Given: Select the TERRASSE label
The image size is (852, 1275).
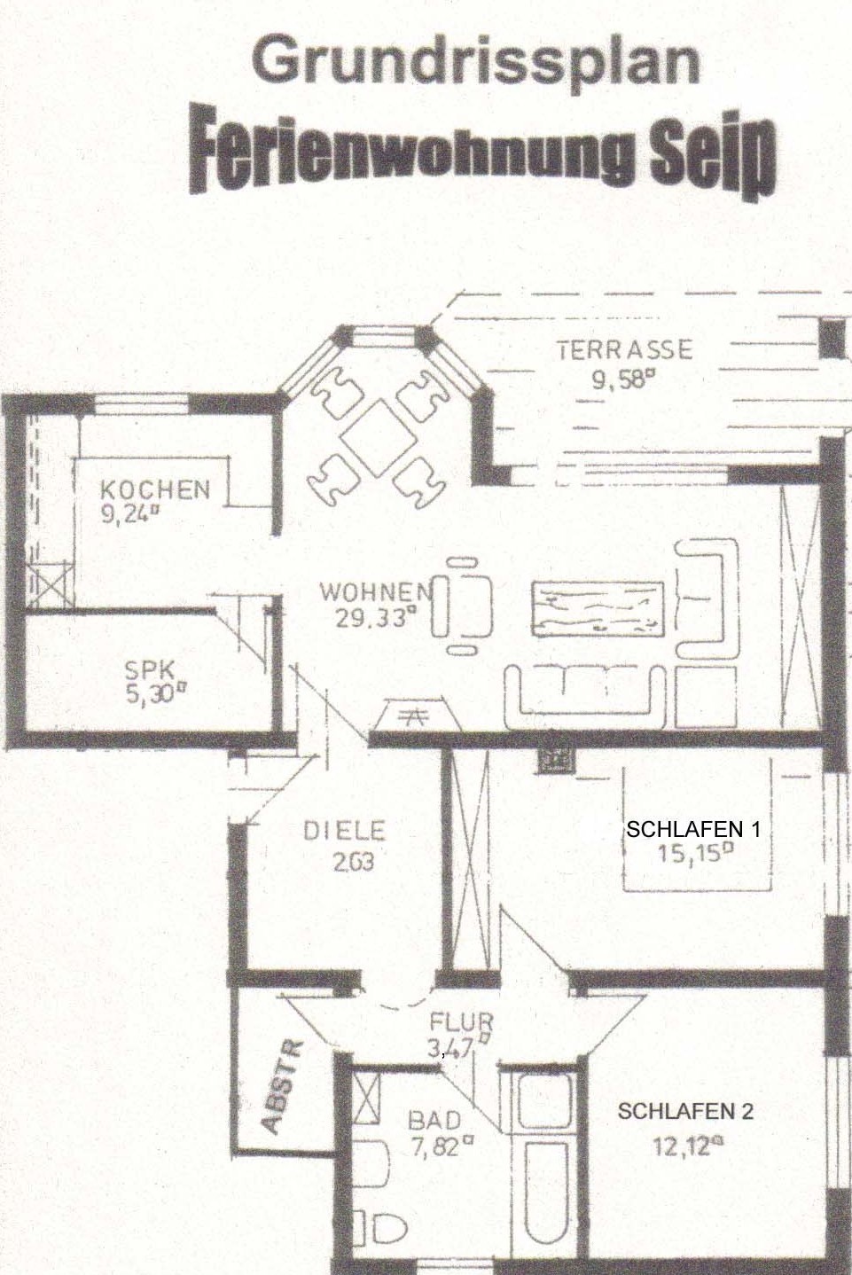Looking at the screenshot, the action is coord(624,349).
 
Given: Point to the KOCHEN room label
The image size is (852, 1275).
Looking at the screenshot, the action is coord(155,489).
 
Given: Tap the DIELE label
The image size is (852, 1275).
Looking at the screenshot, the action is coord(345,831).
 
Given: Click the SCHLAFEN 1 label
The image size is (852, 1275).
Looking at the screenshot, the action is coord(693,829).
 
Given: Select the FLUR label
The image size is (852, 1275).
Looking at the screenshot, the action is coord(461,1023).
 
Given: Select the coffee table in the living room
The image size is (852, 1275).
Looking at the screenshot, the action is coord(598,609).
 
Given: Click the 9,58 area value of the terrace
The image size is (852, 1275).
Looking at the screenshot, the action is coord(621,379).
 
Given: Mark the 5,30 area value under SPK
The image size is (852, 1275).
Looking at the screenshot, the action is coord(157,694).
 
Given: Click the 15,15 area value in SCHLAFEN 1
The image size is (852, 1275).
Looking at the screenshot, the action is coord(695,853).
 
